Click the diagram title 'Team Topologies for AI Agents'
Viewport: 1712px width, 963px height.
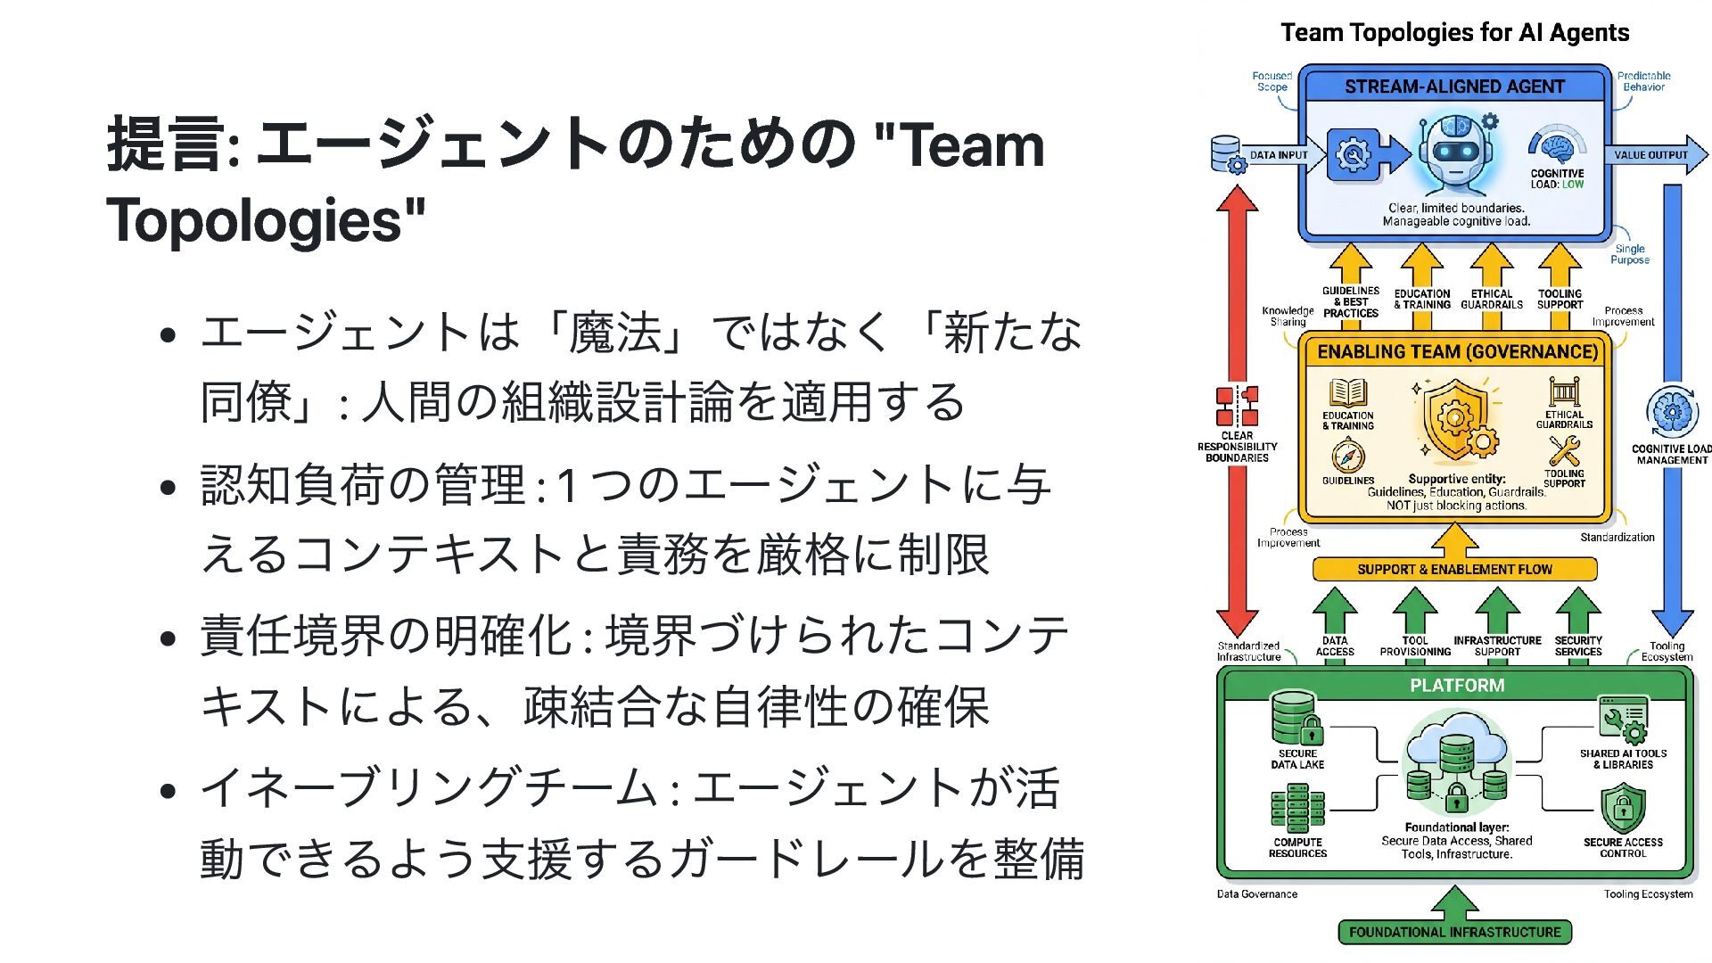click(1454, 33)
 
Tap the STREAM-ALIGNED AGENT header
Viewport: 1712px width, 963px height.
click(1454, 86)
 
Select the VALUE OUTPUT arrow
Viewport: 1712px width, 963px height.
click(1655, 154)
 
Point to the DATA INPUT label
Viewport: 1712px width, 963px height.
click(1278, 155)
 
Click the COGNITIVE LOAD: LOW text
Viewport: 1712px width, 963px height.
click(1557, 179)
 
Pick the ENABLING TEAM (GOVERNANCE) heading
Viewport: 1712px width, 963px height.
click(1457, 352)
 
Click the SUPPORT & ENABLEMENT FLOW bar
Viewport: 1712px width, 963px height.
click(1454, 569)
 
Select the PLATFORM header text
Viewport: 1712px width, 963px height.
click(1457, 686)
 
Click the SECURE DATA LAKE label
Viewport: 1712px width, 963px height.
click(1297, 759)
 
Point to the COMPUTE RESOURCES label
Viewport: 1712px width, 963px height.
click(1297, 848)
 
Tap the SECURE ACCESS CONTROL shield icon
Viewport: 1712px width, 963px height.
click(1623, 808)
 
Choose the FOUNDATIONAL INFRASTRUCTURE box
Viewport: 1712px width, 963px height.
click(1454, 932)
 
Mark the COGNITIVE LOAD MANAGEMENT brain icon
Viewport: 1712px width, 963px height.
click(1671, 413)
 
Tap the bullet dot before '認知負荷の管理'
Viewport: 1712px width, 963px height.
click(167, 487)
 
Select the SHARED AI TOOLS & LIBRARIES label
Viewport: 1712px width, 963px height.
click(1623, 759)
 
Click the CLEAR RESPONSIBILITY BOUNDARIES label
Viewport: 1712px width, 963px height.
click(1237, 447)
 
